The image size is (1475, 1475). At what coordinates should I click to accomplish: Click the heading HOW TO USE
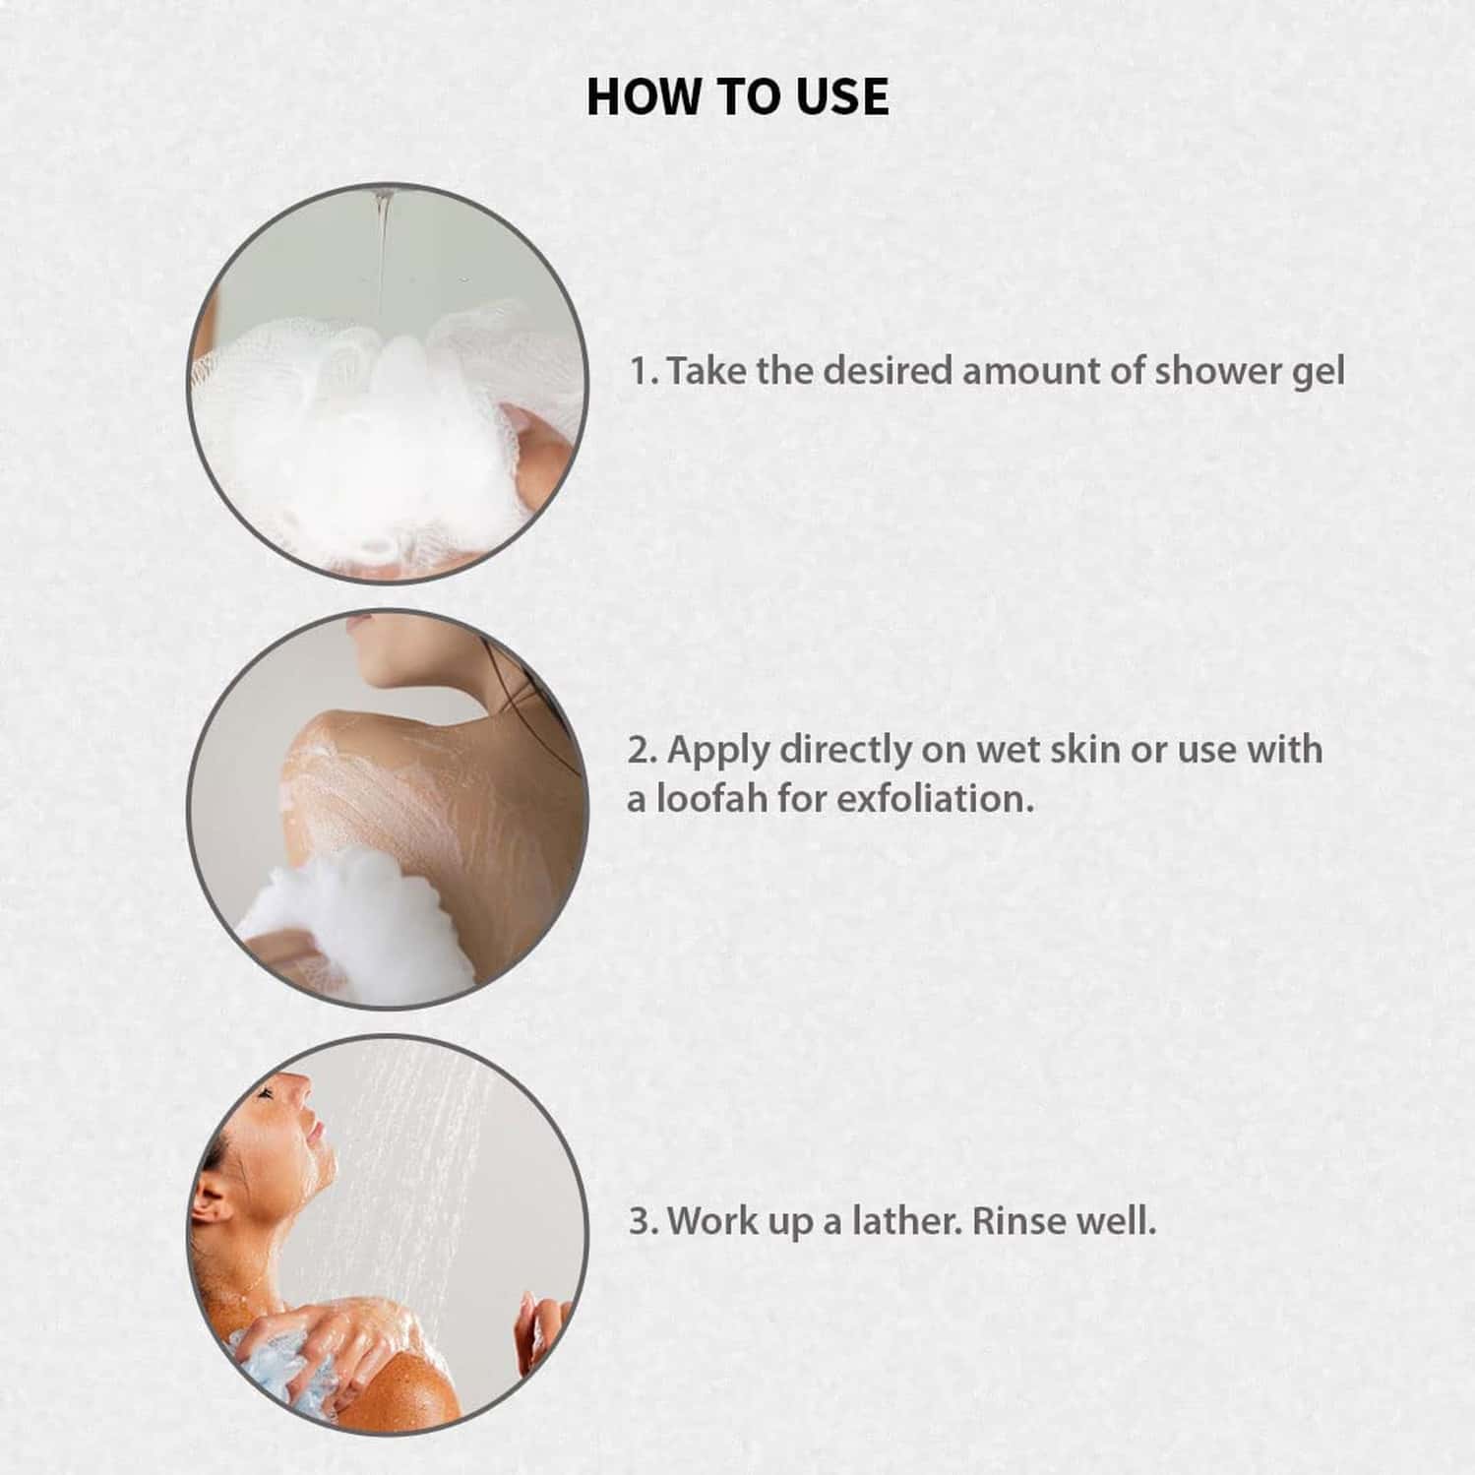point(738,96)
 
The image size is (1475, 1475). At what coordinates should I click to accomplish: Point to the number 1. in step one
point(645,372)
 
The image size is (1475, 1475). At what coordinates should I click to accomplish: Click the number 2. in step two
point(644,751)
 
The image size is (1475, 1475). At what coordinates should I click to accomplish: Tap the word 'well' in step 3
point(1117,1222)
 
